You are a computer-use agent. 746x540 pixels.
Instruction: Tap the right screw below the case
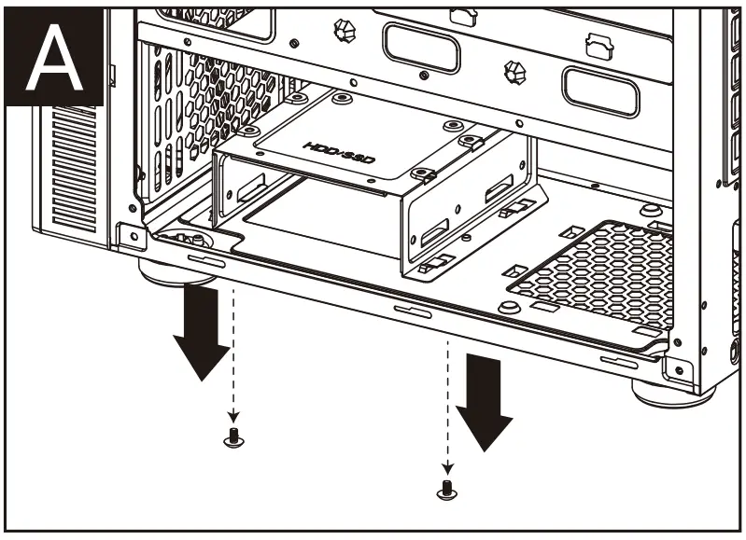447,487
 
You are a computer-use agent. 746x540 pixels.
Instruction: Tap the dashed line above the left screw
233,354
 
